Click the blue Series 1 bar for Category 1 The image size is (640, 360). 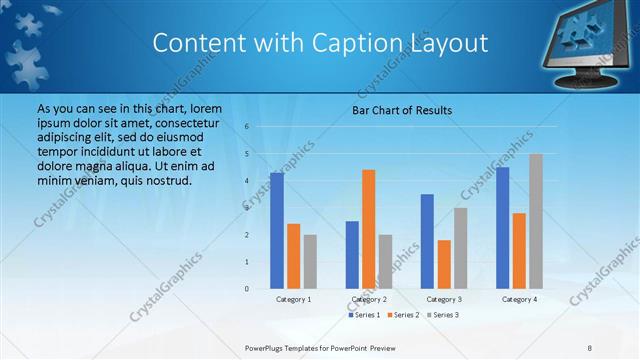(277, 231)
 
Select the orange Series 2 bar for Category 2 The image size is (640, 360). (368, 229)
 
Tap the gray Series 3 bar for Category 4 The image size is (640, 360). (536, 221)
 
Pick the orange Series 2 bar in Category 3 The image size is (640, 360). (444, 264)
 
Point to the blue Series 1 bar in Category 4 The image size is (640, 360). (502, 228)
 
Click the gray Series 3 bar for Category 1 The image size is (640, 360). (310, 262)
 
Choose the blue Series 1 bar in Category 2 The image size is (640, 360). (352, 255)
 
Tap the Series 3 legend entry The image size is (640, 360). (442, 315)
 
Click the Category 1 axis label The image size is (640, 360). (294, 299)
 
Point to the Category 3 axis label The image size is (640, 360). (444, 299)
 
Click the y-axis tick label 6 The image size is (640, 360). (247, 127)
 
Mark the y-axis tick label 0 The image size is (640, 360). (247, 289)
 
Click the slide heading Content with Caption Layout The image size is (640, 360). (320, 43)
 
